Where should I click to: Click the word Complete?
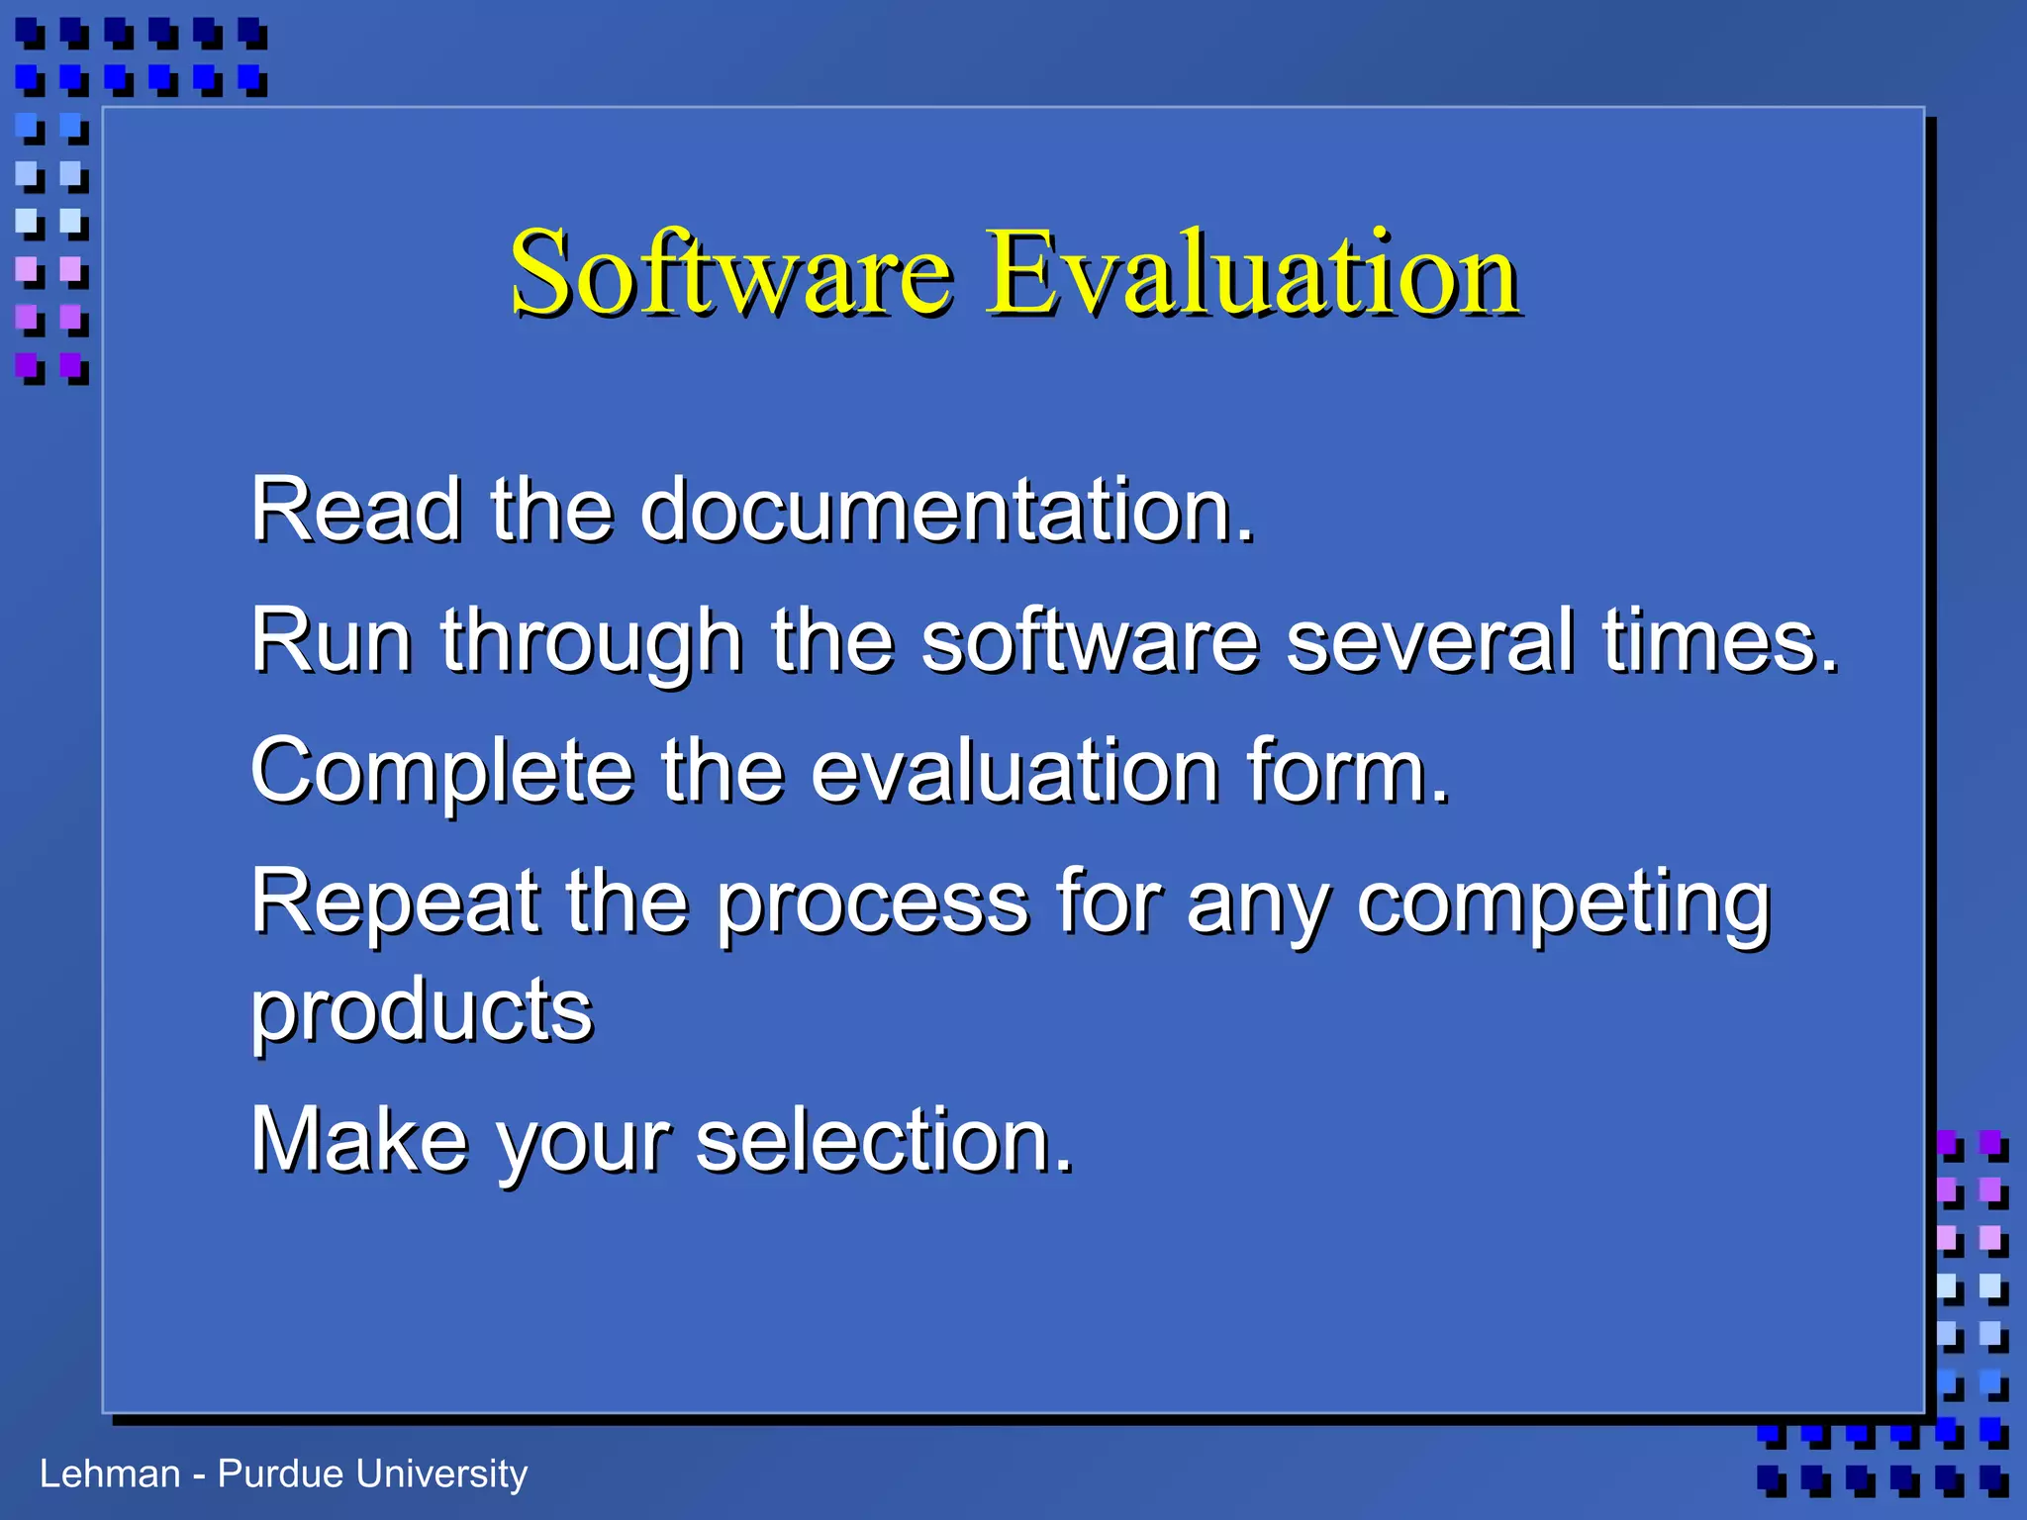click(x=441, y=774)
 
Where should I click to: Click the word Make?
click(x=358, y=1140)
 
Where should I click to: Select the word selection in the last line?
click(x=884, y=1140)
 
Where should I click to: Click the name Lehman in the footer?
click(x=110, y=1474)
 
